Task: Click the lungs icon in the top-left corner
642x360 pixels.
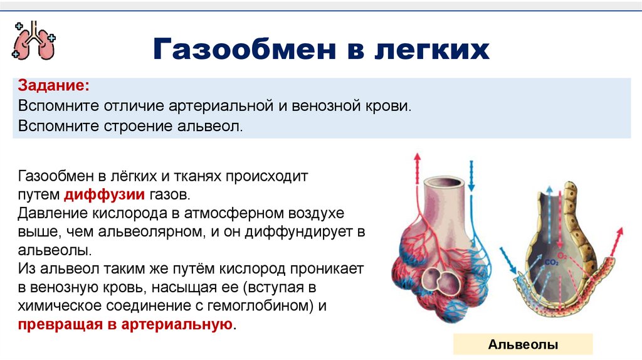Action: coord(33,41)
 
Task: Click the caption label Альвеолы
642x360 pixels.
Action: coord(523,344)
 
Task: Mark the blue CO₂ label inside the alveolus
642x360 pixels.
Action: coord(551,262)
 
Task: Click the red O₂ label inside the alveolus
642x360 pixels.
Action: coord(562,256)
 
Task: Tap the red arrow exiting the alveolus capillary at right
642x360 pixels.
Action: coord(615,238)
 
